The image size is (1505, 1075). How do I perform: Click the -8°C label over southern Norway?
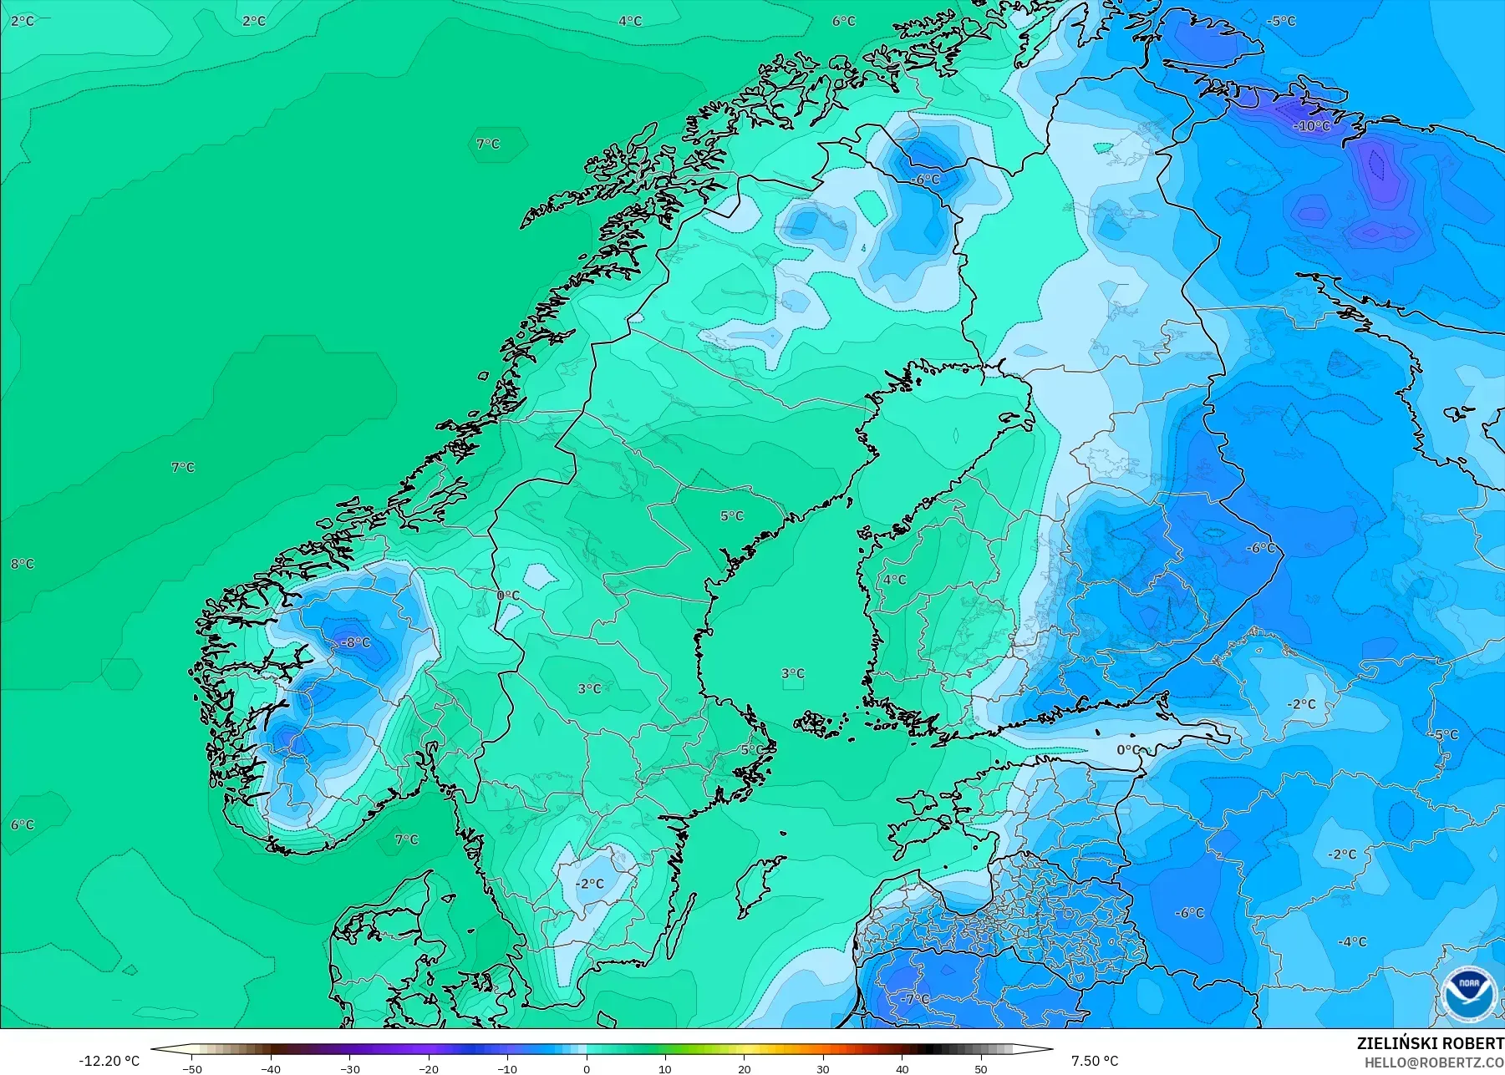(355, 642)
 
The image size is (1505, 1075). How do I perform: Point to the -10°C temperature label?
(1312, 126)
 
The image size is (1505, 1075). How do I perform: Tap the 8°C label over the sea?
(23, 564)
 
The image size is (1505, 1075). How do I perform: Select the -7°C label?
(914, 999)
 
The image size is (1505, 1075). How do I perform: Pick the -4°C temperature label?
(1351, 941)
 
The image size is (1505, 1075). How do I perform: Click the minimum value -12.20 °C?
(109, 1061)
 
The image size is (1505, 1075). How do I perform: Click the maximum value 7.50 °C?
(1094, 1061)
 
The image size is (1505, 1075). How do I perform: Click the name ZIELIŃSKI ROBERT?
(1430, 1044)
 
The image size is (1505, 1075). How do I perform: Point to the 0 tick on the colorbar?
(587, 1068)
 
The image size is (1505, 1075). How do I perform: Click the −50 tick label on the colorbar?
(191, 1068)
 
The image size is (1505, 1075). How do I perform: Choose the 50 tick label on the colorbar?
(981, 1068)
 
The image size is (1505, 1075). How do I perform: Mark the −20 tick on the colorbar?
(428, 1068)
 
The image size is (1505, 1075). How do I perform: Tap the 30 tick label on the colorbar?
(823, 1068)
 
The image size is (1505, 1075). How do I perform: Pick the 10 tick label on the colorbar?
(665, 1068)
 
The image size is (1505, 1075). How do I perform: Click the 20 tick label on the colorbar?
(744, 1068)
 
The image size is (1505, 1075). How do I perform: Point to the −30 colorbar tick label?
(349, 1068)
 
